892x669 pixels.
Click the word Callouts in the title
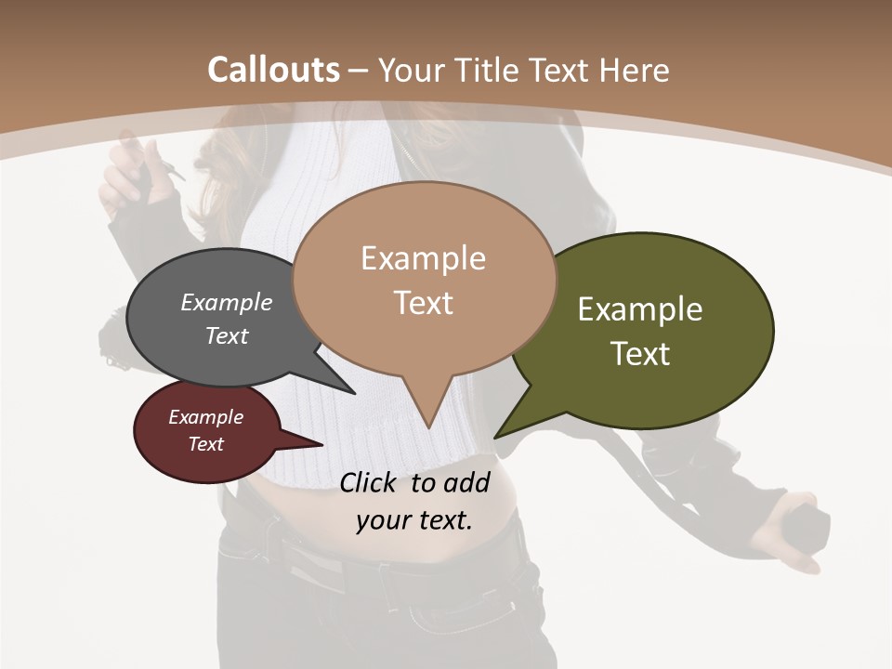(x=273, y=70)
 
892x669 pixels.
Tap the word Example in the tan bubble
(x=423, y=258)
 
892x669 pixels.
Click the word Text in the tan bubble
(x=423, y=302)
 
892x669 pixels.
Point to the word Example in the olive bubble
(x=640, y=309)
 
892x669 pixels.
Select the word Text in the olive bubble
(x=640, y=353)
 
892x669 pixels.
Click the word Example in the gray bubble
(x=227, y=302)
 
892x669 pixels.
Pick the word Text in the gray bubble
(x=227, y=335)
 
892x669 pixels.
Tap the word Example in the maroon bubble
(x=206, y=417)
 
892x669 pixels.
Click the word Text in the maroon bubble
(x=206, y=444)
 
